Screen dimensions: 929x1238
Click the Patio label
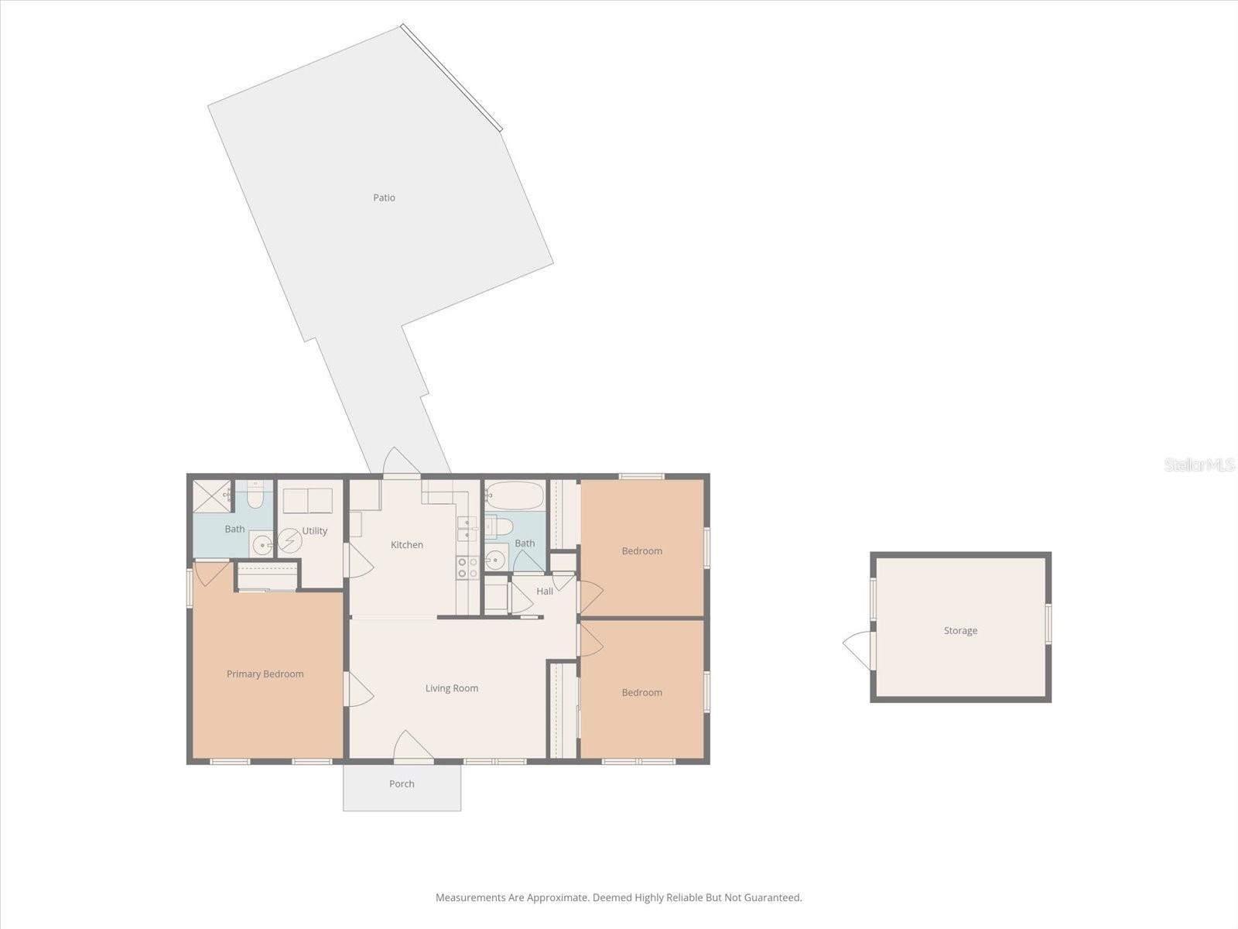pos(384,197)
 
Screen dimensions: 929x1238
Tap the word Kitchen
pos(406,545)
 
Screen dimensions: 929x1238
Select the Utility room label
pos(315,531)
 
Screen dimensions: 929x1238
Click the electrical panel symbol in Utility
pos(289,540)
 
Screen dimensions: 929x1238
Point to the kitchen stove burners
pos(467,567)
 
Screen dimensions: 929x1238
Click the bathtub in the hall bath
pos(515,495)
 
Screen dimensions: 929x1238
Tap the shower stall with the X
pos(211,496)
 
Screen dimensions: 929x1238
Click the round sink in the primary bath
pos(262,545)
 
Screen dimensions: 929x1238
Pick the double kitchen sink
pos(467,528)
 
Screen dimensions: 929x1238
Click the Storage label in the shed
pos(960,631)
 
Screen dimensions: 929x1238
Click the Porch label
pos(402,784)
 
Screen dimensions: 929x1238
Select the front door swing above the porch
pos(412,747)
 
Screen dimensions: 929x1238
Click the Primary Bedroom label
pos(265,674)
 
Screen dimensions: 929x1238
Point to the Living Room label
pos(451,688)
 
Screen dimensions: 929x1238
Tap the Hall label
pos(545,591)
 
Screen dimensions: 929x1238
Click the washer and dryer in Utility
pos(307,501)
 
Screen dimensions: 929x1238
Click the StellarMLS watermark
pos(1199,465)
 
